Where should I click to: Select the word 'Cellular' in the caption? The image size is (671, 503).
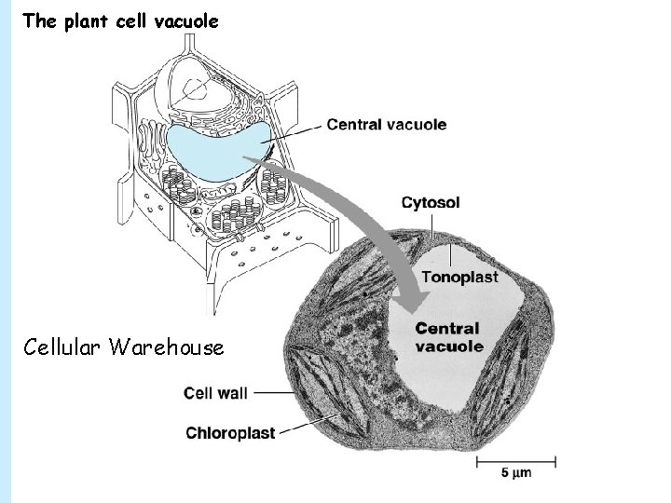tap(62, 347)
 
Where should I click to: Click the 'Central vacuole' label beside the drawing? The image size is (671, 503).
tap(386, 124)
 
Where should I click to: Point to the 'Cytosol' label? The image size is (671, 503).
tap(430, 202)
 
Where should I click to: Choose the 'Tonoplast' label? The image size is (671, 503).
tap(459, 277)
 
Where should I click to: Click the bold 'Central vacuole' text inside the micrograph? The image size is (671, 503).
tap(448, 336)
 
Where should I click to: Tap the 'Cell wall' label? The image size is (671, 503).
tap(215, 393)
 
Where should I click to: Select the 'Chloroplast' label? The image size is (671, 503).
tap(228, 431)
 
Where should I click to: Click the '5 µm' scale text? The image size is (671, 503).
tap(514, 473)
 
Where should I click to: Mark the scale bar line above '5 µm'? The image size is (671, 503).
tap(516, 458)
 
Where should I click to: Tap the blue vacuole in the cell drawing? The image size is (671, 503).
tap(214, 149)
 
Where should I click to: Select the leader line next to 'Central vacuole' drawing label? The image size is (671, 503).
tap(295, 131)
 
